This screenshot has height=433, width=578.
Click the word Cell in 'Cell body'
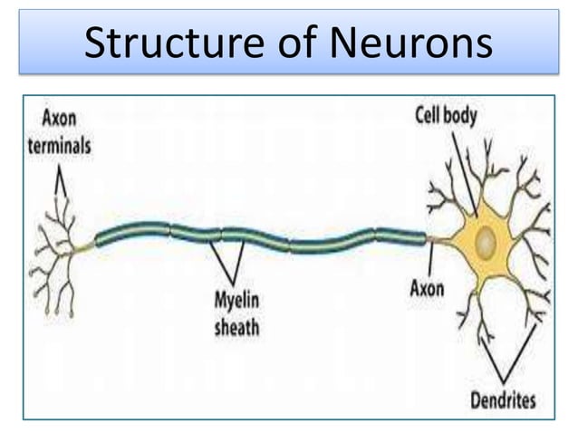pyautogui.click(x=430, y=115)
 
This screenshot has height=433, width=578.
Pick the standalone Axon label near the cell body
pyautogui.click(x=427, y=290)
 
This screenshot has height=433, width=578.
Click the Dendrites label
pyautogui.click(x=504, y=399)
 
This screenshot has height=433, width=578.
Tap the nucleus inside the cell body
pyautogui.click(x=486, y=241)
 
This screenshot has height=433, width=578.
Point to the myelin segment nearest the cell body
pyautogui.click(x=400, y=236)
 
